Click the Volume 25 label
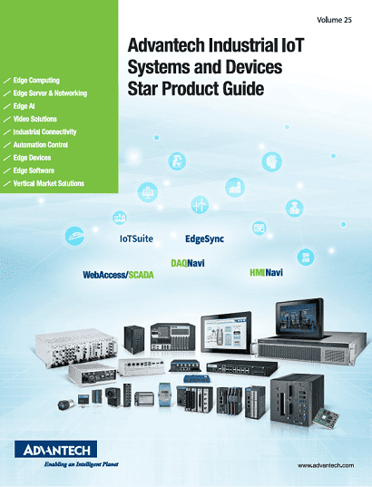click(334, 20)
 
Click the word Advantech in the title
click(166, 45)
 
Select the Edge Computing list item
click(36, 81)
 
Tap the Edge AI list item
click(24, 106)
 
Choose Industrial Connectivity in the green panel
click(44, 132)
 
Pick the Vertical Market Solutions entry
click(49, 183)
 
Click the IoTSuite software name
click(136, 239)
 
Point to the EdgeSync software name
click(204, 239)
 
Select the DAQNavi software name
click(188, 263)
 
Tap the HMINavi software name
click(267, 273)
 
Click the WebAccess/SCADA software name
click(118, 275)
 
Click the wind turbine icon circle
click(200, 205)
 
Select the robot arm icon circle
click(177, 161)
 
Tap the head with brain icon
click(271, 161)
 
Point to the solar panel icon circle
click(148, 192)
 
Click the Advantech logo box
click(56, 449)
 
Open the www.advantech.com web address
click(326, 465)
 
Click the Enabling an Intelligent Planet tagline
click(81, 464)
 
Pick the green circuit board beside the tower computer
click(326, 418)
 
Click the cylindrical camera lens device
click(66, 404)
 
